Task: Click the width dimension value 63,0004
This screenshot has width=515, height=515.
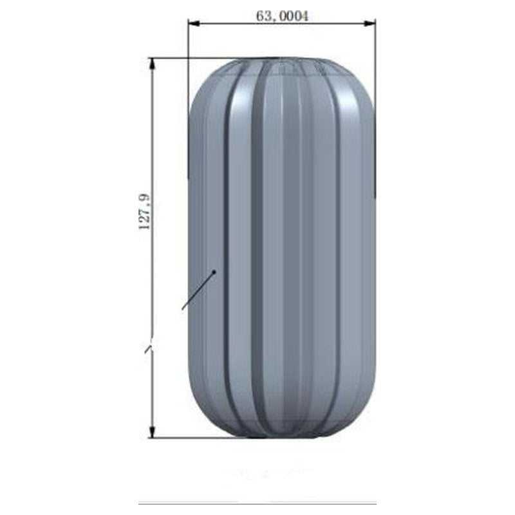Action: point(282,16)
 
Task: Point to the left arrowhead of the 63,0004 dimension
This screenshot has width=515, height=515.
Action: point(192,24)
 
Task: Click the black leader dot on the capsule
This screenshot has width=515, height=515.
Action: point(214,272)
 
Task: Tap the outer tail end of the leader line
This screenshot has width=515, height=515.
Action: point(183,309)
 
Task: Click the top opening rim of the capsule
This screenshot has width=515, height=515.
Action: point(281,61)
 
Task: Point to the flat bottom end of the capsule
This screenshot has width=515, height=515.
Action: point(281,436)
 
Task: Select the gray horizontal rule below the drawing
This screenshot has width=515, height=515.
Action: point(257,503)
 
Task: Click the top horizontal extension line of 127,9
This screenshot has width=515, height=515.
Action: point(193,58)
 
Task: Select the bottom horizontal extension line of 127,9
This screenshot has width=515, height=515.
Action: point(193,438)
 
